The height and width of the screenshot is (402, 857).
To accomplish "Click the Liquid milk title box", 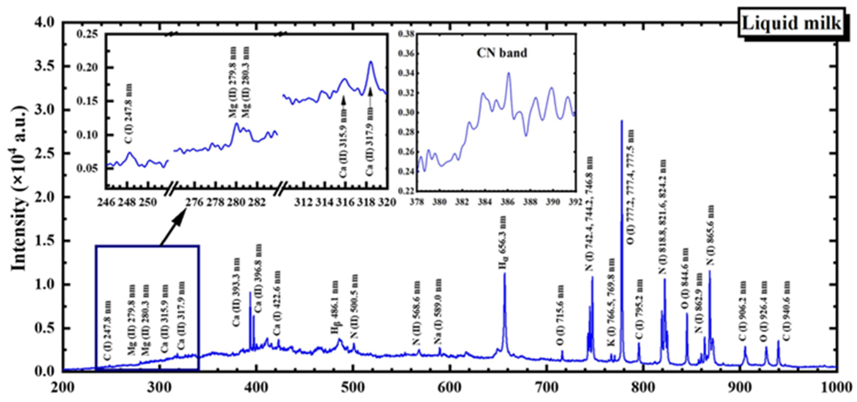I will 791,24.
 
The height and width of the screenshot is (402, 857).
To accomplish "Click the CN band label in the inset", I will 502,53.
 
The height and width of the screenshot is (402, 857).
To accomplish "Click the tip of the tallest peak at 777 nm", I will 621,121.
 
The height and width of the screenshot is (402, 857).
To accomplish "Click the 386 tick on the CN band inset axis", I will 508,202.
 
